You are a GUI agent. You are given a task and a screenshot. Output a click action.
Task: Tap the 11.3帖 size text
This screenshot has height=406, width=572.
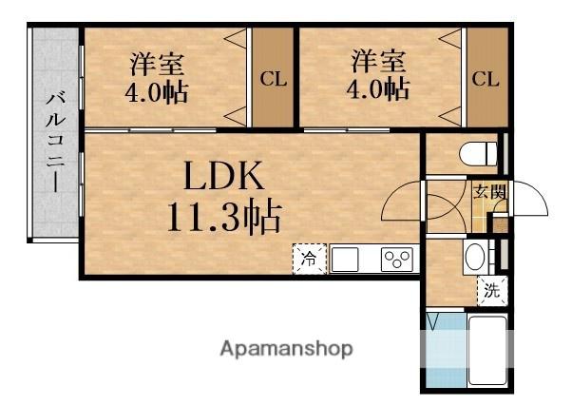(224, 218)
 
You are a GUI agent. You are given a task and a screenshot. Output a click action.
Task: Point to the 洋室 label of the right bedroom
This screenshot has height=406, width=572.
(378, 63)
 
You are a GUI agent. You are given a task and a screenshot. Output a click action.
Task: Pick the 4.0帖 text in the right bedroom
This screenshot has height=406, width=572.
(378, 91)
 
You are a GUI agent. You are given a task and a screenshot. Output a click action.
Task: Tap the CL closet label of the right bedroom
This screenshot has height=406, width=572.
(485, 80)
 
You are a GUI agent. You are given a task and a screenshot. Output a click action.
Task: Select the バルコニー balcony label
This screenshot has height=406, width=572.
(55, 140)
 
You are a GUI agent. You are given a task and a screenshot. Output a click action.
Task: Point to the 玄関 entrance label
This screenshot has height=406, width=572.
(489, 199)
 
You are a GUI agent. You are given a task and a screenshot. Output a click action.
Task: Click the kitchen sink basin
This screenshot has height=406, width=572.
(343, 258)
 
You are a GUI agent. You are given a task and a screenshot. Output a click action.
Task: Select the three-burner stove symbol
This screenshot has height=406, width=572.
(395, 259)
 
